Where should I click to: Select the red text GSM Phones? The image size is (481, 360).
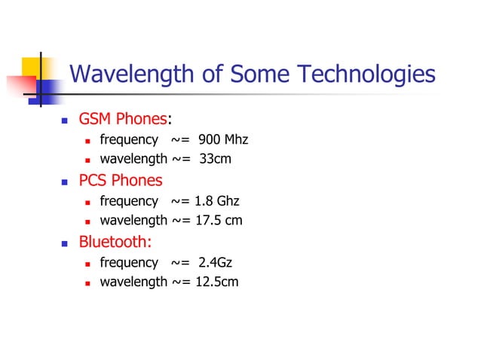(x=121, y=120)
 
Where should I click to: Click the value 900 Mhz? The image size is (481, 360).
(x=224, y=140)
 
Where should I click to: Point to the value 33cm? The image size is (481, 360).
(x=215, y=160)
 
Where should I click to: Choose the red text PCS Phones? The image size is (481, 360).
(x=121, y=181)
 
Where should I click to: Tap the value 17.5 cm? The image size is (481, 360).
(x=219, y=221)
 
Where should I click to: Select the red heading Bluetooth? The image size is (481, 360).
(x=115, y=242)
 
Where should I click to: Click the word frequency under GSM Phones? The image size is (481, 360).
(x=129, y=140)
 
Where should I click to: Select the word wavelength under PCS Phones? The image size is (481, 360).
(x=133, y=221)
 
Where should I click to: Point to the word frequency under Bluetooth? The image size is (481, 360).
(x=129, y=262)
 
